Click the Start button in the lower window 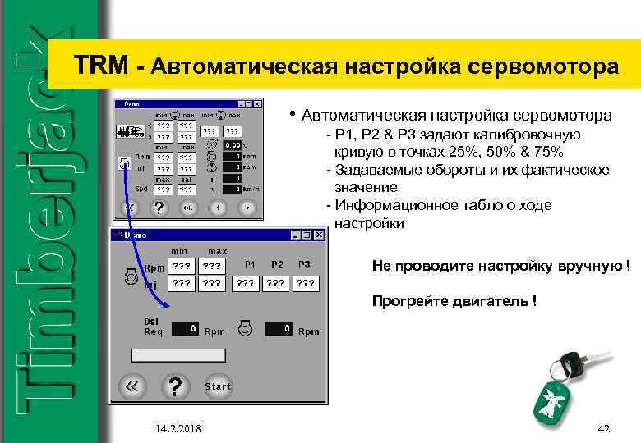coord(218,386)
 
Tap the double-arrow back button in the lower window coord(131,386)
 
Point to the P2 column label coord(277,264)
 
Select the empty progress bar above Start coord(178,354)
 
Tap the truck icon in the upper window coord(129,130)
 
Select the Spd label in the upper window coord(141,188)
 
